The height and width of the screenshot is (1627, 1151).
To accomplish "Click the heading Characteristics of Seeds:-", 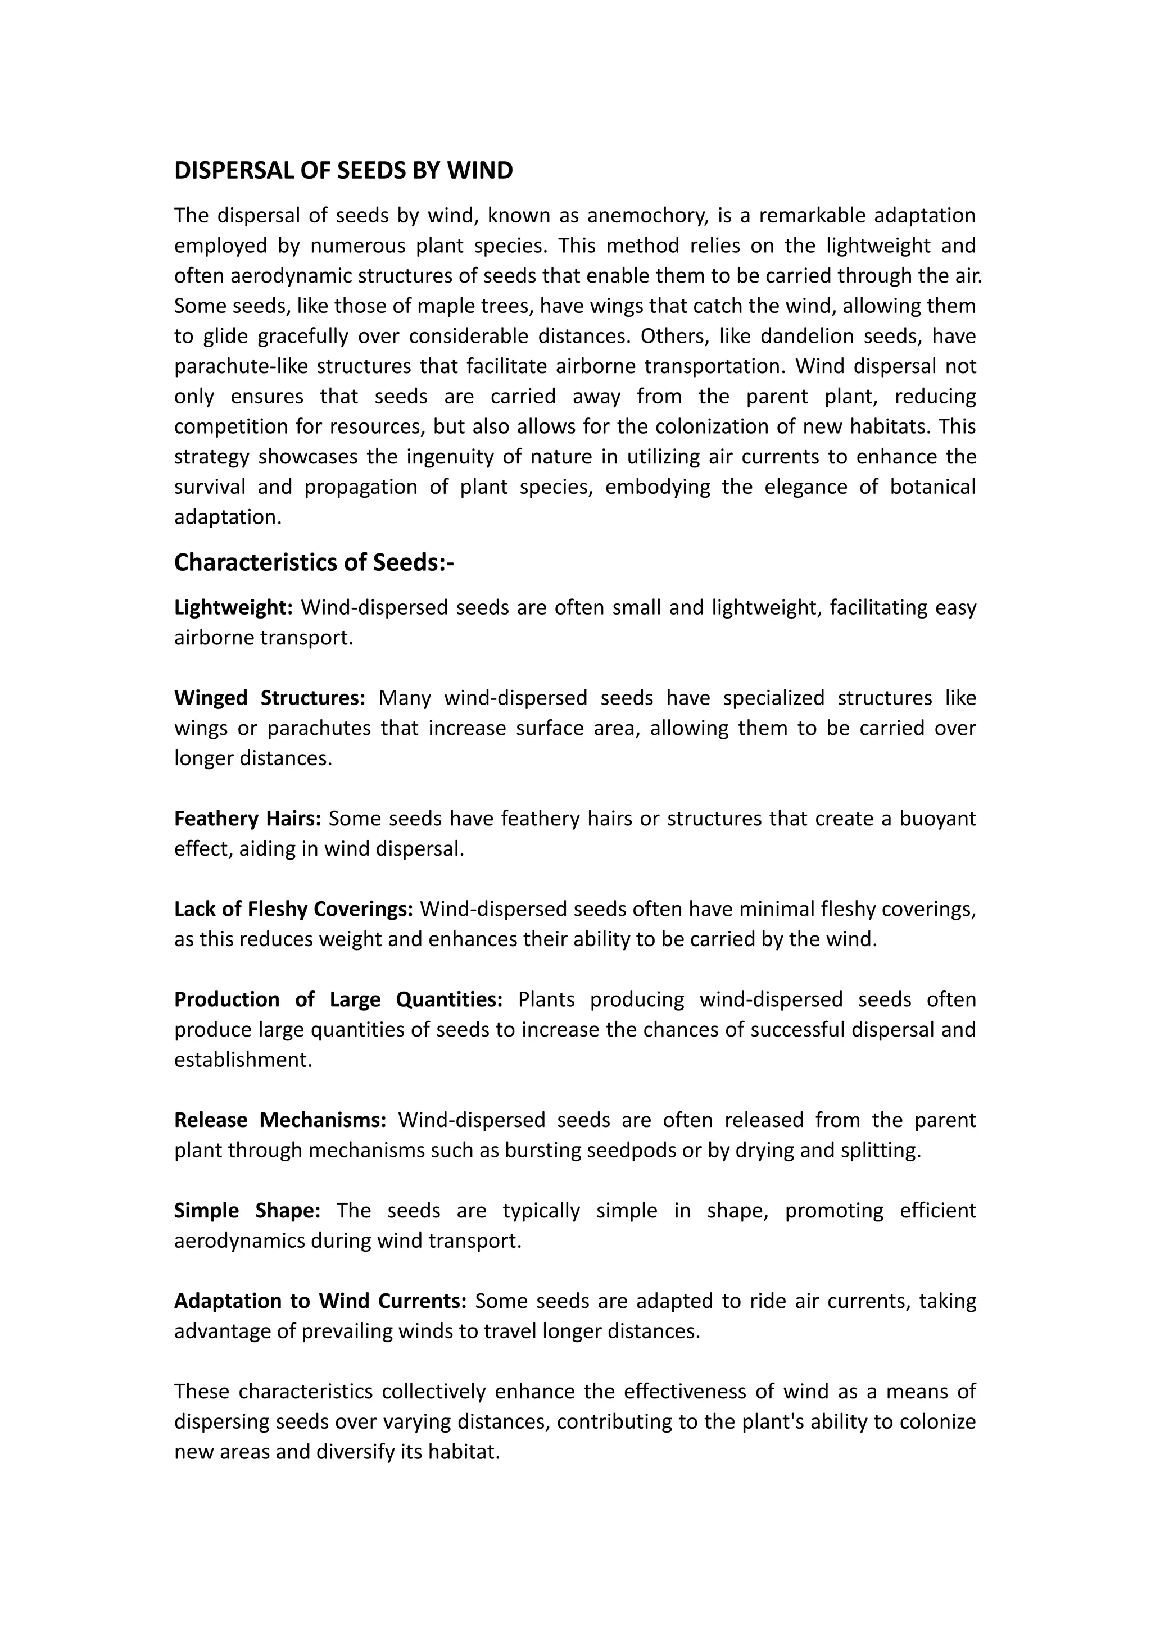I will coord(314,562).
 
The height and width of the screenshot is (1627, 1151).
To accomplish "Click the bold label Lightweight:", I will coord(233,607).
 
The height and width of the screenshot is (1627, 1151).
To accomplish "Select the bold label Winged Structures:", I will coord(269,698).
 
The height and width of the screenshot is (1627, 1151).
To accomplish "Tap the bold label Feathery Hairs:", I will coord(247,819).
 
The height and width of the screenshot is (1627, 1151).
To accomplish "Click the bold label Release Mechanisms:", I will coord(280,1120).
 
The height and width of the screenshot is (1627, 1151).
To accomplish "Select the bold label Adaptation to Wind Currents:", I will coord(320,1301).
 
